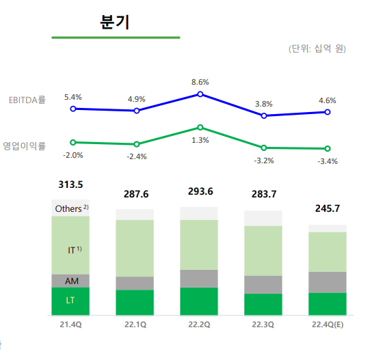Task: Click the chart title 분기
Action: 115,21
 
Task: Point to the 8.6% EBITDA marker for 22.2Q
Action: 200,94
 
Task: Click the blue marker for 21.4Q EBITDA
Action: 73,108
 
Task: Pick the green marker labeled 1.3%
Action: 200,127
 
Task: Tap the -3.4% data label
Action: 328,161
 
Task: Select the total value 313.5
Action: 70,184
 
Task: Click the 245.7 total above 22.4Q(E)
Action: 327,208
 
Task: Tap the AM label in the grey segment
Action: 71,281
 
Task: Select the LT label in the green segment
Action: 70,301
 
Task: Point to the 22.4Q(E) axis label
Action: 328,324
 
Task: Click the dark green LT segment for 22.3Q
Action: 263,305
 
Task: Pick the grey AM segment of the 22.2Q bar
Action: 199,279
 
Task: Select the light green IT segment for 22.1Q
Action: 135,248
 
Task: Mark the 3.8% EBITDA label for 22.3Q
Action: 264,104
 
